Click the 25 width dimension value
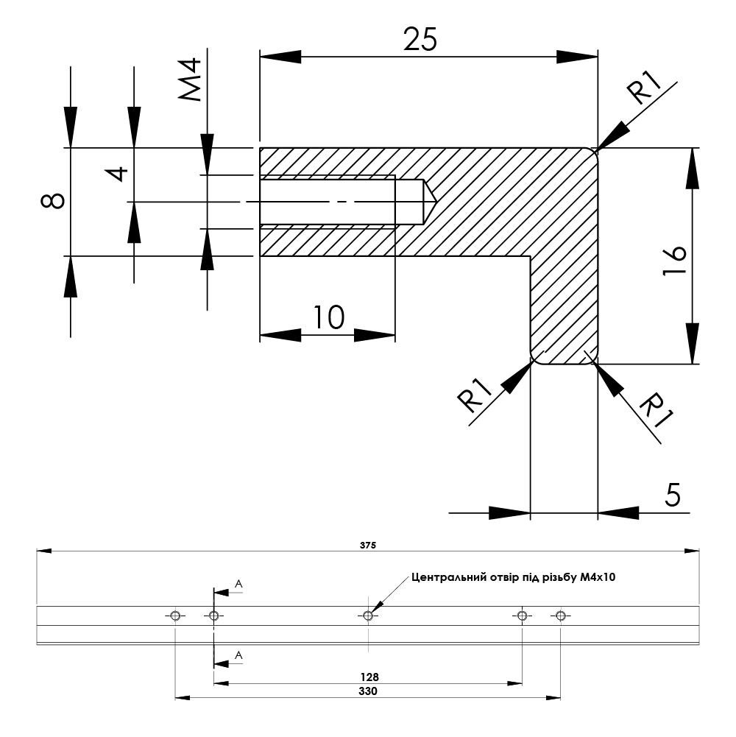[x=421, y=39]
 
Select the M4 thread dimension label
[x=191, y=81]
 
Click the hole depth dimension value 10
[x=328, y=317]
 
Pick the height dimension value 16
[x=674, y=261]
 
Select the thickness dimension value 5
[x=673, y=496]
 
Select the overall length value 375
[x=368, y=546]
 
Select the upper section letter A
[x=238, y=584]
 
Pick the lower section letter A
[x=238, y=655]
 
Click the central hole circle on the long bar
[x=368, y=616]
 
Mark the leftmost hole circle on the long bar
[x=175, y=616]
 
